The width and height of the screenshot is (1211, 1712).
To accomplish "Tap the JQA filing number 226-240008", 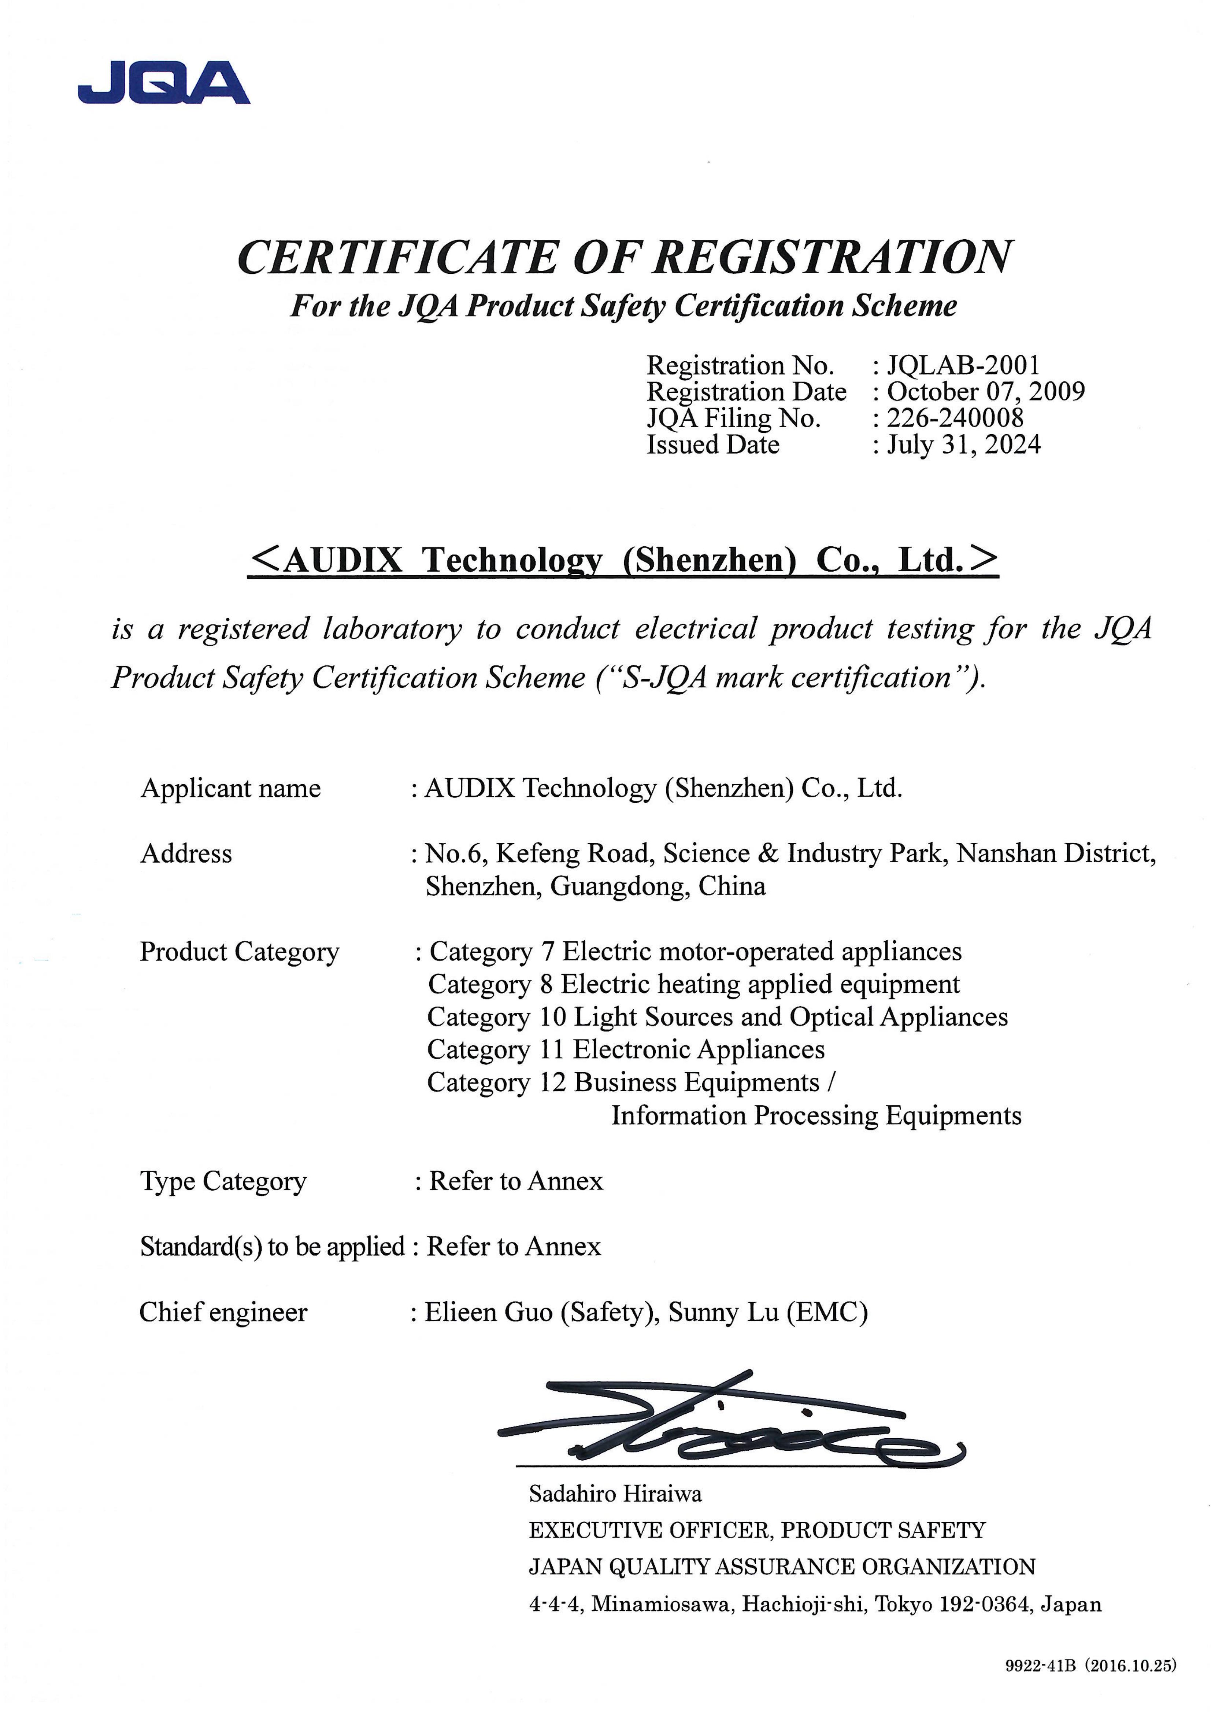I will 955,418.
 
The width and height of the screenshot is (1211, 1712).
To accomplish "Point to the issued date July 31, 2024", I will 963,444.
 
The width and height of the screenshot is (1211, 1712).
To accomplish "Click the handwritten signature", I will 731,1421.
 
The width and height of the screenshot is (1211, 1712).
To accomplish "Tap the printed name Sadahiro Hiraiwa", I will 615,1494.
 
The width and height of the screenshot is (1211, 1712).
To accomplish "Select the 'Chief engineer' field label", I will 223,1312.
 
